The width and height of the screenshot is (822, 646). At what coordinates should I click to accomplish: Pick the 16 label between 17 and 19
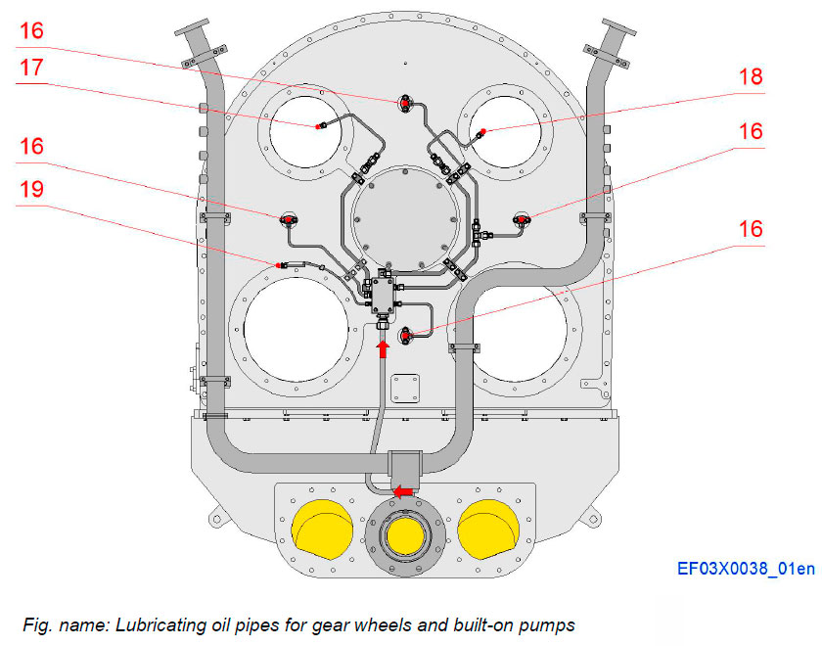tap(31, 146)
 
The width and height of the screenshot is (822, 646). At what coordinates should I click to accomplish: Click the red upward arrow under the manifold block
tap(384, 347)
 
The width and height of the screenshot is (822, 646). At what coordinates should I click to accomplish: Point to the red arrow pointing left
tap(402, 490)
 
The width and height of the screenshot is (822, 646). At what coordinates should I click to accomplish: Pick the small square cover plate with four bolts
tap(404, 390)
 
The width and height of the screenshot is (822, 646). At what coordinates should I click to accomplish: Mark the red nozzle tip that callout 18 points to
tap(479, 132)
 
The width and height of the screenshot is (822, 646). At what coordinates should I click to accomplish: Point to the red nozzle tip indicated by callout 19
tap(281, 264)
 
